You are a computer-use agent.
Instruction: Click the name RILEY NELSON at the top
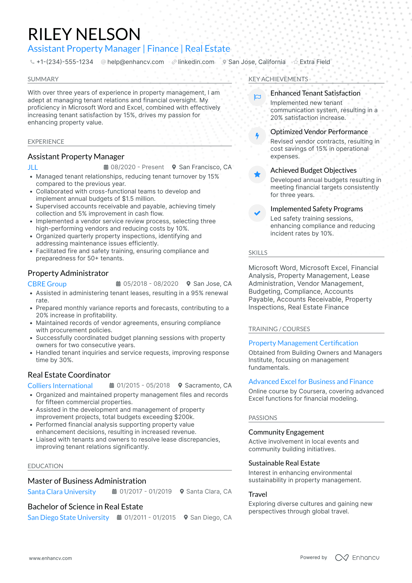pos(84,34)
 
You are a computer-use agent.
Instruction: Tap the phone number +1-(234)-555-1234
pos(65,62)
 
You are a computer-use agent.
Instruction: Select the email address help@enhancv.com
pos(135,62)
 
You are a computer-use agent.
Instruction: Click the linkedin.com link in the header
pos(196,62)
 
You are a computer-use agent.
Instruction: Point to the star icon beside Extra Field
pos(296,62)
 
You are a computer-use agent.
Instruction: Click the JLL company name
pos(33,167)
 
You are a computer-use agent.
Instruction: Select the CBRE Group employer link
pos(47,284)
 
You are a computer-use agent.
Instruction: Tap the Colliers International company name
pos(60,386)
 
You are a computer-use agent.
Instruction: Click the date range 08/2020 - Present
pos(137,167)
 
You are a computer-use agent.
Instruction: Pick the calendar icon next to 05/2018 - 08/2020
pos(118,284)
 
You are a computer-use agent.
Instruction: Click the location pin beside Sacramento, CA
pos(180,385)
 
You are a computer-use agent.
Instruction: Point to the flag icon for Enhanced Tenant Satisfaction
pos(257,97)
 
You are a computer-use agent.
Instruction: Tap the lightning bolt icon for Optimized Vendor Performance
pos(257,136)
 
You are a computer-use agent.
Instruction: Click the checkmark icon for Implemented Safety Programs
pos(257,213)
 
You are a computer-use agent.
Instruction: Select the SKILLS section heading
pos(258,253)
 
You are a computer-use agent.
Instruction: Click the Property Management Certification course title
pos(303,343)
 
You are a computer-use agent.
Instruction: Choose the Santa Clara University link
pos(62,492)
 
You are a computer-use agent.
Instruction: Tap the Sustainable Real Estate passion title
pos(284,463)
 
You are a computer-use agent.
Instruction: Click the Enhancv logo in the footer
pos(357,558)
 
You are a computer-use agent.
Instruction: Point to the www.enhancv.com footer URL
pos(50,558)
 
